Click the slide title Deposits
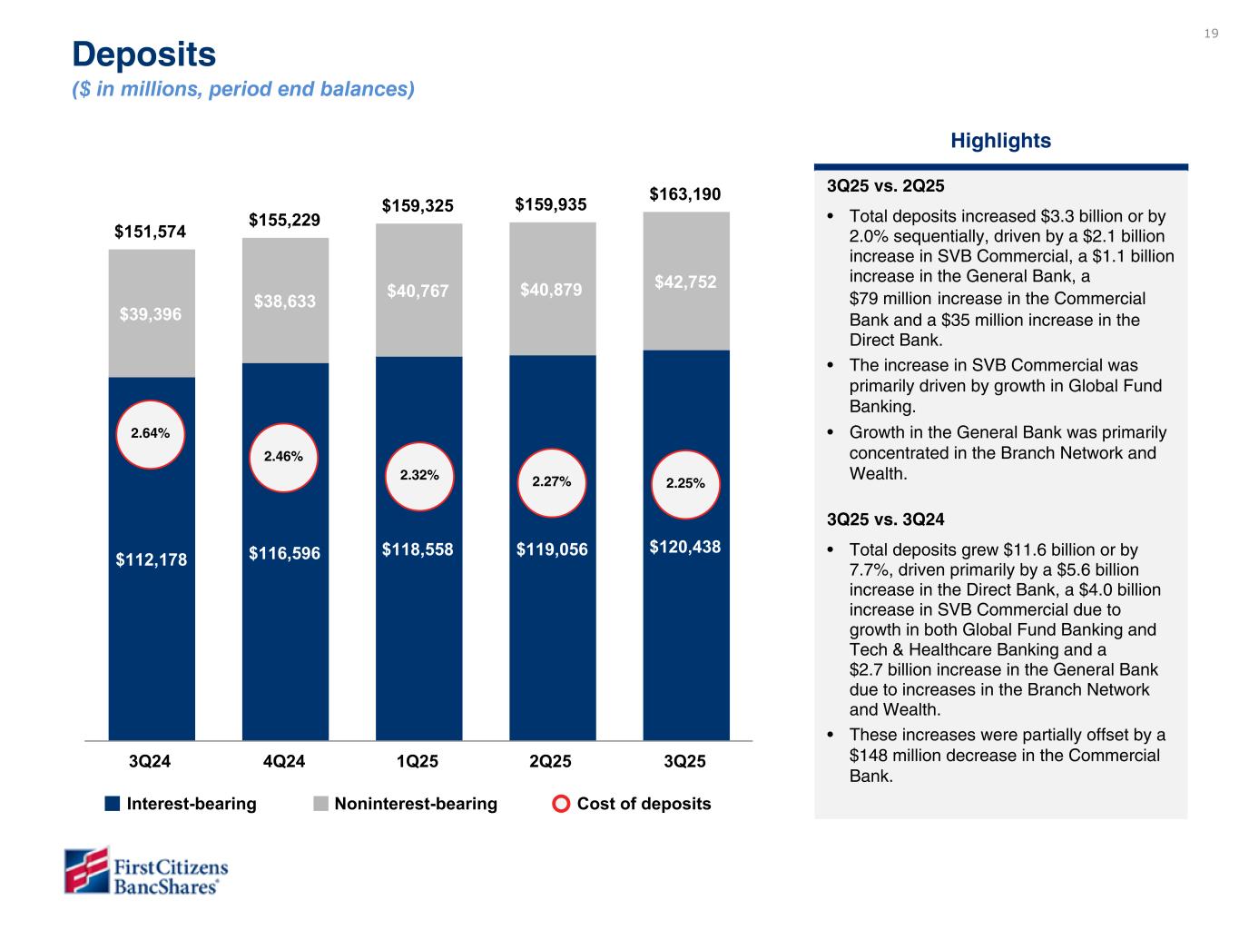point(144,54)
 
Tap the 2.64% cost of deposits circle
point(151,434)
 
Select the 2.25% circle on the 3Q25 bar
point(685,483)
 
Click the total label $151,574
point(151,232)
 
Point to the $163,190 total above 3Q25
point(685,194)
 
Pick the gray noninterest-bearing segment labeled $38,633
point(285,301)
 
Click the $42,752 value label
point(685,282)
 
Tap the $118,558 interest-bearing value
point(418,549)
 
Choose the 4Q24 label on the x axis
point(284,762)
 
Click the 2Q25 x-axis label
point(551,762)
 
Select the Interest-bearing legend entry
point(181,804)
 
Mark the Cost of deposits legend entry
point(633,804)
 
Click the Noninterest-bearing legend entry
point(406,804)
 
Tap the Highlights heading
point(1000,141)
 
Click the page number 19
point(1211,34)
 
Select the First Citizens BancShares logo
point(146,871)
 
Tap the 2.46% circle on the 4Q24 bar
point(283,458)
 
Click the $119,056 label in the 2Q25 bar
point(551,549)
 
